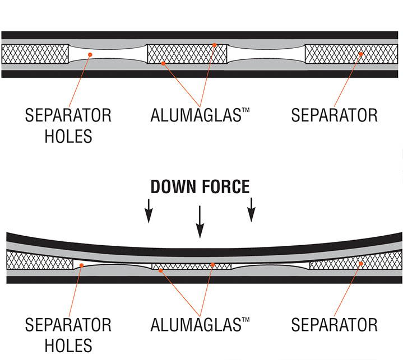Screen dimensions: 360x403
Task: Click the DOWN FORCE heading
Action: coord(200,186)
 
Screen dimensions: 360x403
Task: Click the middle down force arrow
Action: coord(200,221)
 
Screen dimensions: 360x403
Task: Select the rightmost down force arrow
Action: coord(252,210)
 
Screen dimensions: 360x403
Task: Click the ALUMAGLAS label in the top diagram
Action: coord(200,115)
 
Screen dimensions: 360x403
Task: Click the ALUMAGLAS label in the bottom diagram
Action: coord(200,324)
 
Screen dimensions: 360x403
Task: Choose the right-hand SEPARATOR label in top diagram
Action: coord(334,115)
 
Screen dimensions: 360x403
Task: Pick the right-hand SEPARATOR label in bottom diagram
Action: coord(334,324)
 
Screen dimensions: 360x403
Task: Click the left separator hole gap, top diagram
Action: coord(106,54)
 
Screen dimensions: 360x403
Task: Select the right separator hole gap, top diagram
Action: coord(266,54)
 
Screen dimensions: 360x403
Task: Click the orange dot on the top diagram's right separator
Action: coord(362,54)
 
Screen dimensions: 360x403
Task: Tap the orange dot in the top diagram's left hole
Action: coord(90,54)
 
